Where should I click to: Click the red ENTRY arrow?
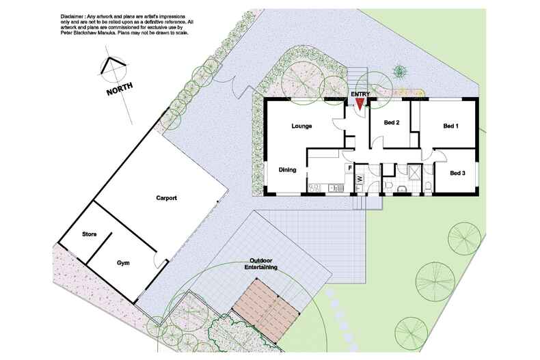(360, 104)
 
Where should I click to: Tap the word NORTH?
(120, 89)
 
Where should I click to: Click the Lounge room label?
(301, 126)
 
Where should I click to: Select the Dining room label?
(287, 169)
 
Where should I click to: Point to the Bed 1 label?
(450, 126)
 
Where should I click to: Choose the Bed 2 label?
(392, 122)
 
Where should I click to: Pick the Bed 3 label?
(457, 173)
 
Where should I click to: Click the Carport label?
(166, 198)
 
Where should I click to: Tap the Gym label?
(123, 263)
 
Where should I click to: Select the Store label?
(89, 234)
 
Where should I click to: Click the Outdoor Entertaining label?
(260, 264)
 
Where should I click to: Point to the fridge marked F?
(350, 168)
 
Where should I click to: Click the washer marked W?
(360, 178)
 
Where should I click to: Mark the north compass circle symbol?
(113, 70)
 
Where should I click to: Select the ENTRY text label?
(360, 94)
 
